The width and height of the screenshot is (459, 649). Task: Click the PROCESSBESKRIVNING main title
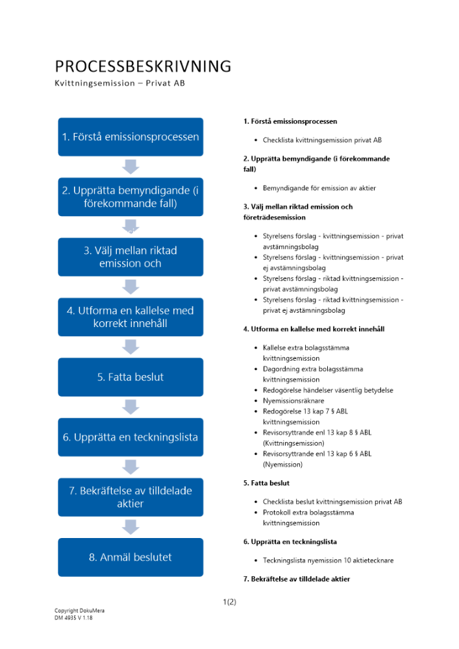[143, 66]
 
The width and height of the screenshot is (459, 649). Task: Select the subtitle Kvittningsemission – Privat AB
[119, 84]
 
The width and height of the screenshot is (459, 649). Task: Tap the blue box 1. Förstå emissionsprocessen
[130, 137]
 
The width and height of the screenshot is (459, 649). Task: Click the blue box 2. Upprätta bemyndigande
[130, 197]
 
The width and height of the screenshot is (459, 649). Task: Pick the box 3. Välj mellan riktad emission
[130, 257]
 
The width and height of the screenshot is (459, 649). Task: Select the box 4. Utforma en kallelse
[130, 317]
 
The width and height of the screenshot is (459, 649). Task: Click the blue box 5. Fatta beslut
[130, 377]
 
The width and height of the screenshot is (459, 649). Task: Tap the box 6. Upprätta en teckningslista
[130, 437]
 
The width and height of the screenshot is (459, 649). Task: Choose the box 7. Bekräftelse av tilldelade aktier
[130, 497]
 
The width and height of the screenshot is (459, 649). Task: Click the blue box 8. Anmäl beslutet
[130, 557]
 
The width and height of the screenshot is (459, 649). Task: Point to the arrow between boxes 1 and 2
[130, 167]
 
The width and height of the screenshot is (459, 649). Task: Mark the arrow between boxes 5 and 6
[130, 407]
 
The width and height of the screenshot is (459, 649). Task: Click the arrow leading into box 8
[130, 527]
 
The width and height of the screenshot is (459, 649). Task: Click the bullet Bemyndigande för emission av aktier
[319, 188]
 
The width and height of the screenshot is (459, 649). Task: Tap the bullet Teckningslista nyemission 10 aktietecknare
[328, 560]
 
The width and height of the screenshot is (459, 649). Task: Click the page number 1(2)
[229, 602]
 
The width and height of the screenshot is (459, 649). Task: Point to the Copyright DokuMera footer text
[79, 611]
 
